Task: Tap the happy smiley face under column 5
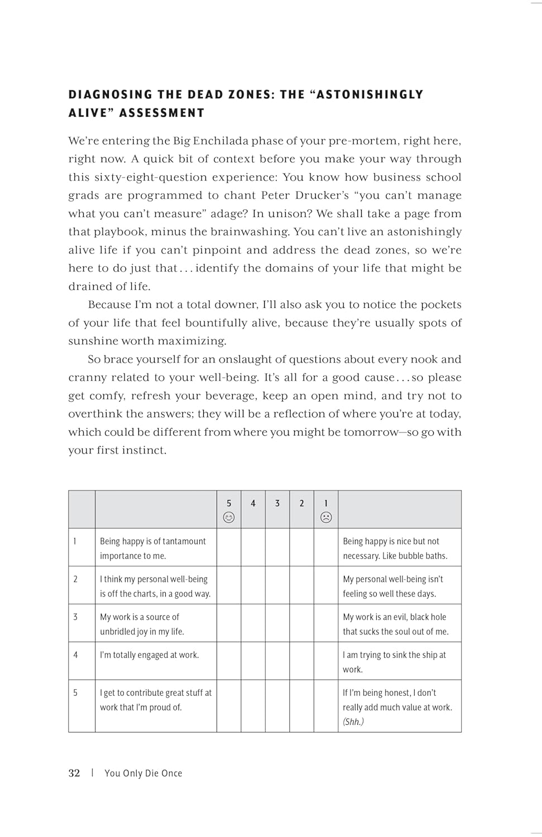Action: point(229,517)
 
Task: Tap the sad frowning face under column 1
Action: point(326,517)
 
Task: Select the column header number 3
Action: point(277,503)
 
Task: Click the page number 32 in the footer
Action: point(74,773)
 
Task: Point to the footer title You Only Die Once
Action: point(143,773)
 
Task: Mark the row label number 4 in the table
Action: point(75,655)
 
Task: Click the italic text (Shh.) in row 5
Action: point(353,721)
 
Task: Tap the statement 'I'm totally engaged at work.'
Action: point(149,655)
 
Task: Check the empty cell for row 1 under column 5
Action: point(229,547)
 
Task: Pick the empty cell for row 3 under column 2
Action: point(301,623)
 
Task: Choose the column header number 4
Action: point(253,503)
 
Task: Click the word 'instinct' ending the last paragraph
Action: point(146,450)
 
